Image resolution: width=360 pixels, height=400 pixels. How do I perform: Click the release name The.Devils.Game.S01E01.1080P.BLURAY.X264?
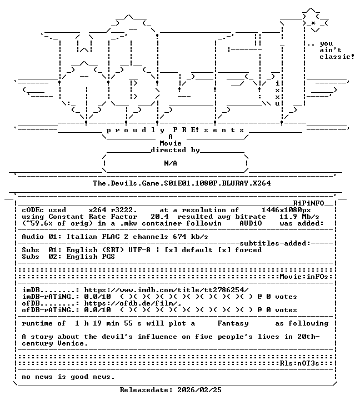(x=182, y=183)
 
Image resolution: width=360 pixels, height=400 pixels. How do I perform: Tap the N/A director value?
(x=171, y=163)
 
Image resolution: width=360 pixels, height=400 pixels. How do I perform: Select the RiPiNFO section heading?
(x=308, y=203)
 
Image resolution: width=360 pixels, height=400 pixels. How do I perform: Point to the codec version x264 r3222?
(x=113, y=210)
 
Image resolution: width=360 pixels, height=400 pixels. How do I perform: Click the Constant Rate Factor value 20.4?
(x=159, y=217)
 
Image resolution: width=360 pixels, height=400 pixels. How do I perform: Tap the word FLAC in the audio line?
(x=111, y=237)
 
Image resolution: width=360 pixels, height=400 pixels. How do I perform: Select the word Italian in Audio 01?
(x=82, y=237)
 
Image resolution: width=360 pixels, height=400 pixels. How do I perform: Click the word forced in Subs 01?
(x=248, y=250)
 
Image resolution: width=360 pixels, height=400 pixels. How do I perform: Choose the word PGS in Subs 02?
(x=108, y=256)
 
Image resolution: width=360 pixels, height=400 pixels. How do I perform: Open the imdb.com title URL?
(x=166, y=290)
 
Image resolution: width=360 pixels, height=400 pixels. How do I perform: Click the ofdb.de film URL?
(x=133, y=303)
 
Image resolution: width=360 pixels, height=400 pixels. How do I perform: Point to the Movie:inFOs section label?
(x=304, y=277)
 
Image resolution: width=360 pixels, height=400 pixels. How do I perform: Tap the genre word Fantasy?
(x=233, y=323)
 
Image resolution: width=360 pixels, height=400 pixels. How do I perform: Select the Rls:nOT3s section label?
(x=299, y=363)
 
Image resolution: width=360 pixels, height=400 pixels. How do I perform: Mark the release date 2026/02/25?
(x=199, y=390)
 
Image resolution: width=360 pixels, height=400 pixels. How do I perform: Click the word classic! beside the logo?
(x=337, y=56)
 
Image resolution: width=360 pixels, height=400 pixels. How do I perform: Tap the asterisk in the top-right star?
(x=313, y=23)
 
